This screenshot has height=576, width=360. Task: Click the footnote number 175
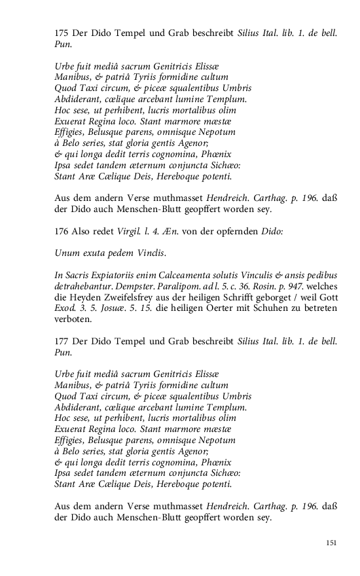62,32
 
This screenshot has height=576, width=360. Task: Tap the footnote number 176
62,231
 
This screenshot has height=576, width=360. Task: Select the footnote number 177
62,342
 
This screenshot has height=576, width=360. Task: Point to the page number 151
331,543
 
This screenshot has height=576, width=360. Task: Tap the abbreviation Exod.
65,309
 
